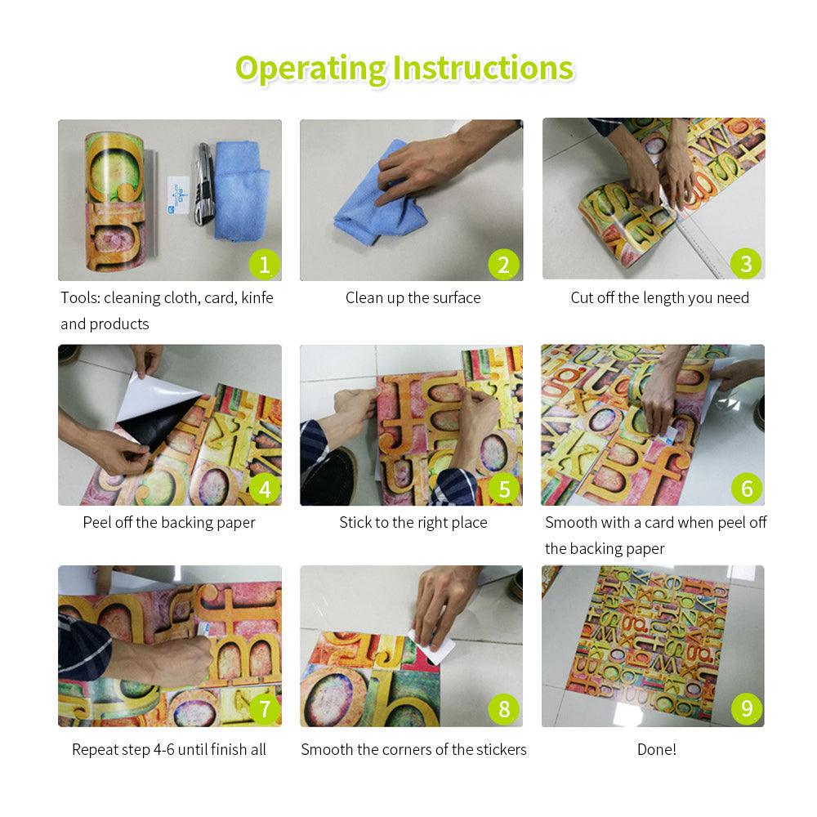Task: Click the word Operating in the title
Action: [x=310, y=69]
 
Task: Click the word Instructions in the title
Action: [x=483, y=69]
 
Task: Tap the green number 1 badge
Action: [x=264, y=265]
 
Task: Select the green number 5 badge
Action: [x=504, y=489]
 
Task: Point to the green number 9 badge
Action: [x=747, y=708]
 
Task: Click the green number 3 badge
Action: [x=746, y=264]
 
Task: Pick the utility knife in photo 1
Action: [x=204, y=184]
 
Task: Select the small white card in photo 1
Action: [x=177, y=195]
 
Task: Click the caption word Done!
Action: [x=657, y=749]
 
